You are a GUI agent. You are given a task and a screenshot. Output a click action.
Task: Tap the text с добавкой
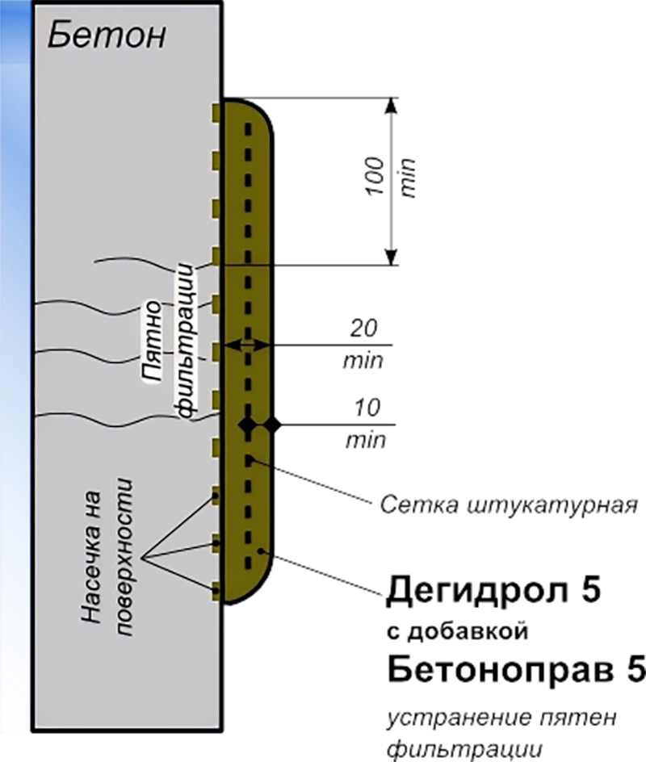pyautogui.click(x=457, y=631)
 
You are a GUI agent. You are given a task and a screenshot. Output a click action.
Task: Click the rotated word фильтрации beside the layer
pyautogui.click(x=186, y=339)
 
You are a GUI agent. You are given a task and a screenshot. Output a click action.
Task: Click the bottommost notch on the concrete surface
pyautogui.click(x=216, y=590)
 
